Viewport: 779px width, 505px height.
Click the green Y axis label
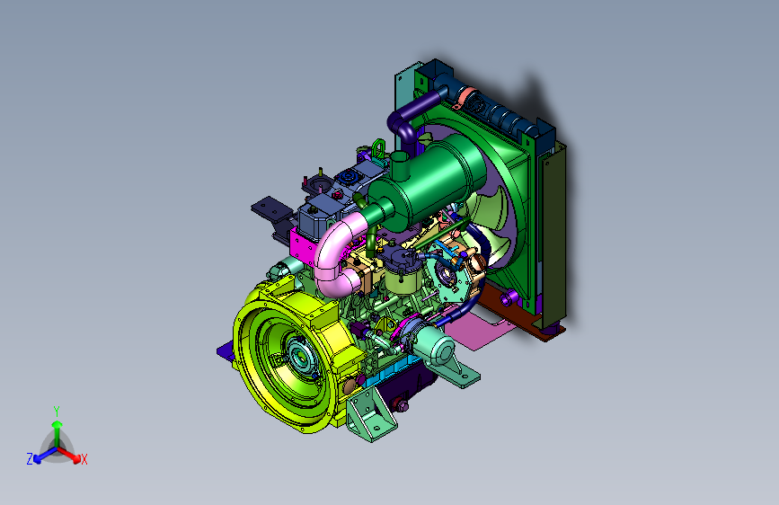coord(57,412)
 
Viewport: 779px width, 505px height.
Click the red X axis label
coord(84,460)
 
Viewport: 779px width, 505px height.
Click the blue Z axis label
coord(30,459)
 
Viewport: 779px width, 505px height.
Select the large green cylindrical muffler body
coord(428,184)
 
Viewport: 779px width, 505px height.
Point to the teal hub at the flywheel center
coord(300,355)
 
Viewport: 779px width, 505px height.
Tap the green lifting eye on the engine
coord(378,148)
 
